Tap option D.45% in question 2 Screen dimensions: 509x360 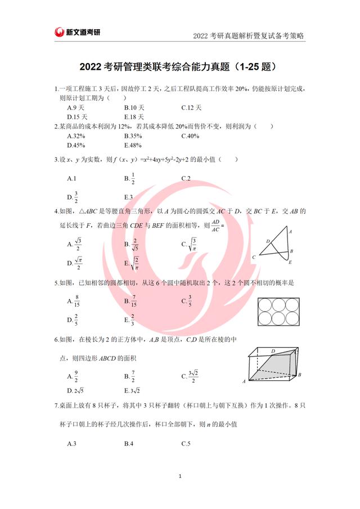[76, 145]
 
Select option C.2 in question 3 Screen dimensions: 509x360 [186, 178]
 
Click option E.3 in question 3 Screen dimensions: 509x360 [128, 197]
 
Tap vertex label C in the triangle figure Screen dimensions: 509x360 [254, 257]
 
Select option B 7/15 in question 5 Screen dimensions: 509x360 [132, 301]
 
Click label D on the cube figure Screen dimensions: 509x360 [273, 351]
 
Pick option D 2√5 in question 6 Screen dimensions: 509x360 [75, 390]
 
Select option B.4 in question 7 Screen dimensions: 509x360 [128, 444]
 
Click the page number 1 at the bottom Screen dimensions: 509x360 [179, 477]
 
